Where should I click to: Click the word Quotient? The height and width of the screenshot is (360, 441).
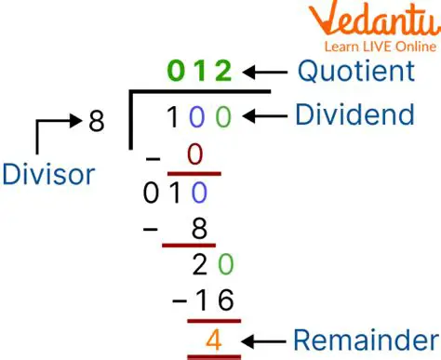[x=355, y=71]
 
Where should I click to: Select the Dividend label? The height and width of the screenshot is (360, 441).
[x=354, y=115]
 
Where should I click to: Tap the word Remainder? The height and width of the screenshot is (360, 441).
[x=354, y=339]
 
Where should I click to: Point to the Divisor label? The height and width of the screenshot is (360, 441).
[x=47, y=174]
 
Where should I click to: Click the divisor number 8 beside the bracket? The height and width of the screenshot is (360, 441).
[x=96, y=121]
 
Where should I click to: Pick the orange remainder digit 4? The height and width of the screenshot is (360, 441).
[x=214, y=338]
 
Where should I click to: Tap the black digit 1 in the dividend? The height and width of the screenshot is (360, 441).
[x=173, y=118]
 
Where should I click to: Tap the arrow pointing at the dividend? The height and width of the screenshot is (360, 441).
[x=263, y=115]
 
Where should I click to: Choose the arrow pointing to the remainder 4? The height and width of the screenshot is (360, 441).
[x=261, y=339]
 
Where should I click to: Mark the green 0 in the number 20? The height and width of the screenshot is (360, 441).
[x=223, y=266]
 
